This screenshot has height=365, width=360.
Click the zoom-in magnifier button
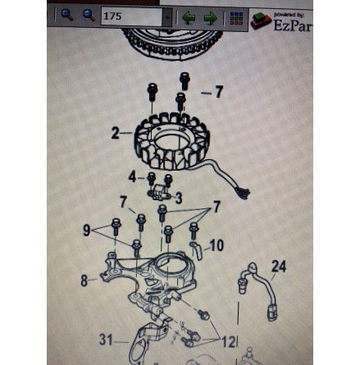(67, 15)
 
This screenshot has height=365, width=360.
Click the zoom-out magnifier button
(89, 15)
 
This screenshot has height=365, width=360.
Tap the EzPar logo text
(291, 25)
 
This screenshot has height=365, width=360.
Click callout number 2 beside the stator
(116, 132)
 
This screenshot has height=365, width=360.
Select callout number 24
(279, 267)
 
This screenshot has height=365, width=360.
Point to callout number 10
(216, 245)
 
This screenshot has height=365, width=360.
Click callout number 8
(84, 281)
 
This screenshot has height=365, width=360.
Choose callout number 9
(87, 230)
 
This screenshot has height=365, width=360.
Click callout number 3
(178, 198)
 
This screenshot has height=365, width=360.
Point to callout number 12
(230, 340)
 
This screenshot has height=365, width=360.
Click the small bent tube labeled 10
(197, 249)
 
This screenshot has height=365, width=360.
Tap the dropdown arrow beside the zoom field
(168, 16)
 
